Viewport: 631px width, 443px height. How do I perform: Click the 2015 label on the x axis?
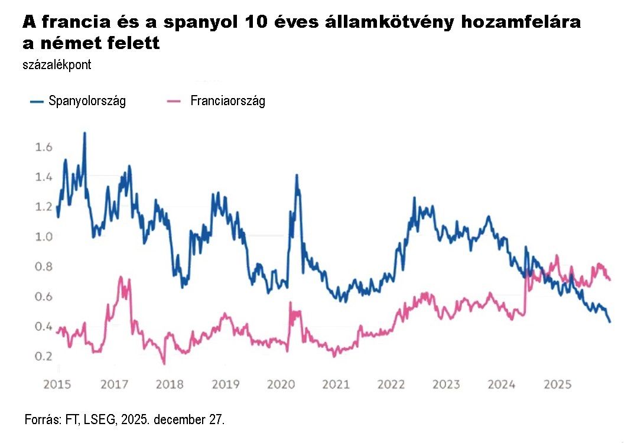point(57,385)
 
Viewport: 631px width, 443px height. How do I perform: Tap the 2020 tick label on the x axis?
point(281,385)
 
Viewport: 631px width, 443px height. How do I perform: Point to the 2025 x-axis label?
point(557,385)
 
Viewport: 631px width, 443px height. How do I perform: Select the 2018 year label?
point(170,385)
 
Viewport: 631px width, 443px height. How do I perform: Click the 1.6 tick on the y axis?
point(44,147)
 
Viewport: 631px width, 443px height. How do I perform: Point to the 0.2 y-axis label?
point(44,357)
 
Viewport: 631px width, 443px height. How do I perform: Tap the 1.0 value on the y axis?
point(44,237)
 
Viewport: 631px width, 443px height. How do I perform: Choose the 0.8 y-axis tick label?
point(44,267)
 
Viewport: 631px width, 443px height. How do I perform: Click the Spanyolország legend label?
point(87,101)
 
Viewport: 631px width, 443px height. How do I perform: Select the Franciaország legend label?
point(227,101)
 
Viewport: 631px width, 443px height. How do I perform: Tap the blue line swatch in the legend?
point(37,102)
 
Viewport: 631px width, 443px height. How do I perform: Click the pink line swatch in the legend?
point(174,102)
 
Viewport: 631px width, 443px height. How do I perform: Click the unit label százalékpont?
point(57,65)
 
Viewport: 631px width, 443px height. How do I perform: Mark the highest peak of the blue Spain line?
point(84,133)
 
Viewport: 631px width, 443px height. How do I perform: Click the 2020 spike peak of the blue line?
point(296,175)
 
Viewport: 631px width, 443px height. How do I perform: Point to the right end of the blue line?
point(610,322)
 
